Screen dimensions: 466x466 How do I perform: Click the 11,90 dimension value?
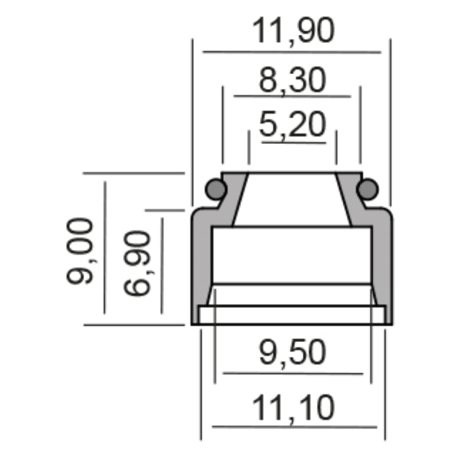click(293, 32)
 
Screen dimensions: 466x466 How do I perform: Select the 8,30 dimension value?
click(292, 81)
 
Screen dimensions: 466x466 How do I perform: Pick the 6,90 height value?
click(135, 264)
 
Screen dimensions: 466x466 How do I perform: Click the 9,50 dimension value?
click(292, 353)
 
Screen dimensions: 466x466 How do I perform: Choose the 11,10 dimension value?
click(294, 408)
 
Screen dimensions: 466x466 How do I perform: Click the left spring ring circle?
click(215, 188)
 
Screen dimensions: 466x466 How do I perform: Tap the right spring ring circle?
click(368, 188)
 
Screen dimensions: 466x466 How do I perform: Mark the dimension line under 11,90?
click(292, 51)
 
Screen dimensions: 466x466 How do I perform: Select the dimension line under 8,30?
click(292, 97)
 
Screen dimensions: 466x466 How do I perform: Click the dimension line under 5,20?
click(293, 143)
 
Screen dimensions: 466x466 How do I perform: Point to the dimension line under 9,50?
click(293, 373)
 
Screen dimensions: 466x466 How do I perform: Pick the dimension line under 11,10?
click(295, 427)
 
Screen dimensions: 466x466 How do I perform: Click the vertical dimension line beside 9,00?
click(105, 248)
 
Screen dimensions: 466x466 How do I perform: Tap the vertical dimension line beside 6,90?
click(162, 265)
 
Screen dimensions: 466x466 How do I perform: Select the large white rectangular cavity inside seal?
click(292, 255)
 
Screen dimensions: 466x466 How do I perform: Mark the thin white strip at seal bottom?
click(292, 315)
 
